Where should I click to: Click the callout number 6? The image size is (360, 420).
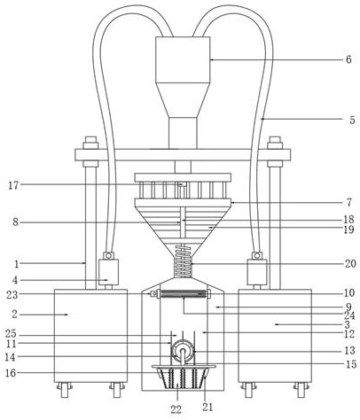[348, 59]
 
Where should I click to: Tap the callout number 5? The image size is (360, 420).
[352, 121]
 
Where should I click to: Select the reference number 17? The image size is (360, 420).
[13, 186]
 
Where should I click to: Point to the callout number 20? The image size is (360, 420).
[350, 263]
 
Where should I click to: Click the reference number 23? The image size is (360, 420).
[12, 294]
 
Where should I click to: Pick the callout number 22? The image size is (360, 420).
[176, 409]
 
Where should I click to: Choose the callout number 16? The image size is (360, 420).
[11, 373]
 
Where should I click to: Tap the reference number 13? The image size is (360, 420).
[350, 351]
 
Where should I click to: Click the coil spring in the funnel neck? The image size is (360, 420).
[184, 261]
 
